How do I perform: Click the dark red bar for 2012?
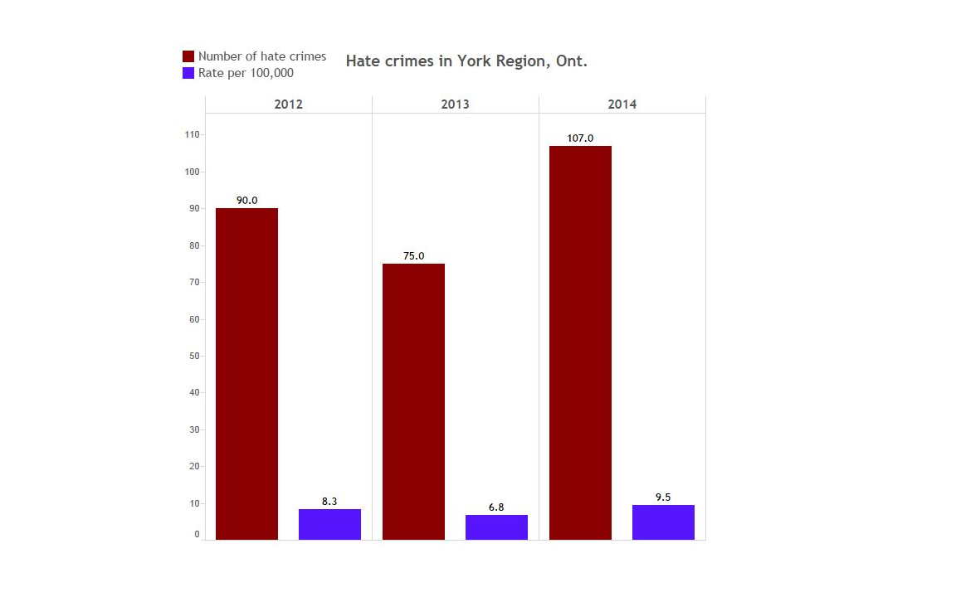point(246,373)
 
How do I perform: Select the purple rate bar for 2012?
point(329,524)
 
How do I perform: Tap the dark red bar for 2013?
point(413,401)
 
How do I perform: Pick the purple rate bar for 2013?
point(496,527)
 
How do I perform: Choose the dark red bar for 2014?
point(580,342)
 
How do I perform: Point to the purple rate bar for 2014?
point(663,522)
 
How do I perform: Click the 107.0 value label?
point(580,138)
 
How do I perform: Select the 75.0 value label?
point(413,256)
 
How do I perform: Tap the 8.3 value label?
point(329,502)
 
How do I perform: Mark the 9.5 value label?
point(663,498)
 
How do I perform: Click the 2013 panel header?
point(455,104)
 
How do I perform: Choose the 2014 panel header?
point(622,104)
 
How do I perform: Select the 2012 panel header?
point(288,104)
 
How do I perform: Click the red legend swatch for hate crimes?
point(188,56)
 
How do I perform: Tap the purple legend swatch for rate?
point(188,73)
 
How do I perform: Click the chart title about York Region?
point(466,61)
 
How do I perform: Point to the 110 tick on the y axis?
point(192,134)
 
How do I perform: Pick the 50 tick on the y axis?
point(193,356)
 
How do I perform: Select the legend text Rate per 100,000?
point(246,73)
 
